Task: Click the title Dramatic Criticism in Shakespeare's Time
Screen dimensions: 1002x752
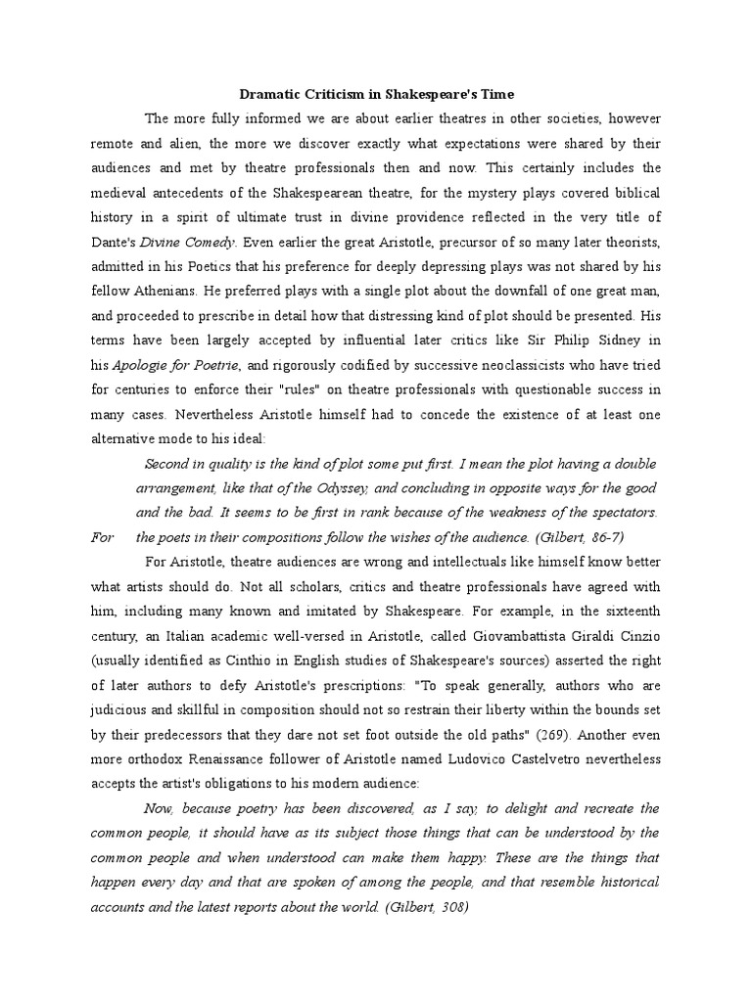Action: [376, 94]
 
